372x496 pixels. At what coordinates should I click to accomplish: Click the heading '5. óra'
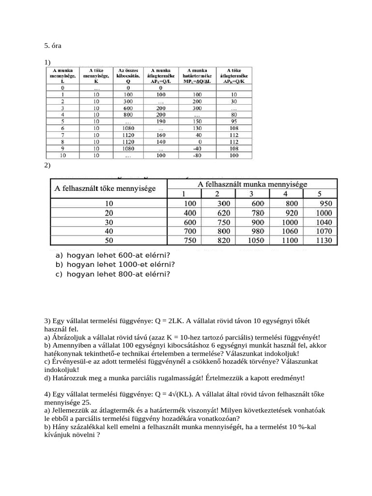point(53,46)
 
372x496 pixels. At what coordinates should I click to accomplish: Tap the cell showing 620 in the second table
point(223,213)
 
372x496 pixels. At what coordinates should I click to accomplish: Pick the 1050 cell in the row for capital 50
point(257,240)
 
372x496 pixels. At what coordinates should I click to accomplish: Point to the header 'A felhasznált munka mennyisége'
point(252,184)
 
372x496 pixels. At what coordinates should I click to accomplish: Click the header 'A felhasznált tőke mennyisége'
point(105,188)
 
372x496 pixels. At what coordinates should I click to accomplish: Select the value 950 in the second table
point(325,204)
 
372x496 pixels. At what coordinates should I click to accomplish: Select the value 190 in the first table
point(160,122)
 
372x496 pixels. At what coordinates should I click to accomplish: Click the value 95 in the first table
point(234,122)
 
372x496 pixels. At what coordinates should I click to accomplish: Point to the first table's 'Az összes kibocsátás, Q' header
point(128,76)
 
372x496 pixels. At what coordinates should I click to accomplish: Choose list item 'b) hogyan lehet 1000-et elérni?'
point(115,264)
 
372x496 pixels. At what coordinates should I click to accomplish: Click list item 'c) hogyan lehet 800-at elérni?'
point(113,274)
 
